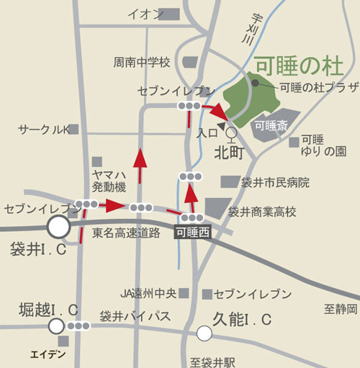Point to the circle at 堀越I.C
pyautogui.click(x=55, y=326)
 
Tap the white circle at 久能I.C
pyautogui.click(x=204, y=333)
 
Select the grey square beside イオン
pyautogui.click(x=169, y=14)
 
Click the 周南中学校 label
pyautogui.click(x=141, y=63)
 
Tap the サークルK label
pyautogui.click(x=43, y=130)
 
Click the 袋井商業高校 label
pyautogui.click(x=262, y=212)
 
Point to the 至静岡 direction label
pyautogui.click(x=340, y=310)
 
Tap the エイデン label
pyautogui.click(x=48, y=354)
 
